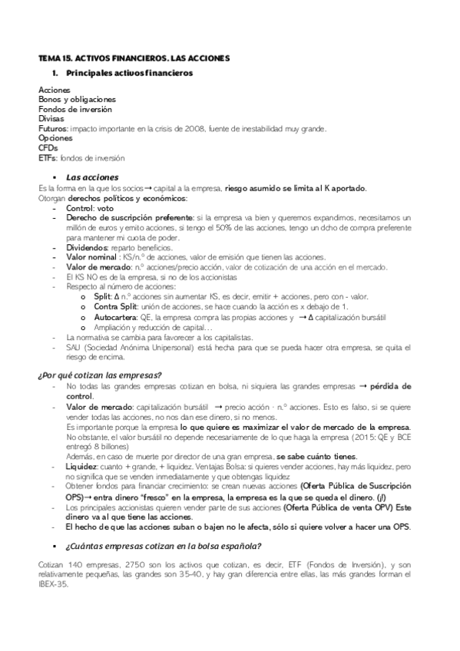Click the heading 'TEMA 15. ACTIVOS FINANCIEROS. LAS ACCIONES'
pyautogui.click(x=134, y=58)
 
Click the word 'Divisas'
pyautogui.click(x=50, y=119)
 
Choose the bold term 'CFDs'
pyautogui.click(x=48, y=148)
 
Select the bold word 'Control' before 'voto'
pyautogui.click(x=79, y=207)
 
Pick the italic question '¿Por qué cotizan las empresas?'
pyautogui.click(x=100, y=375)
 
